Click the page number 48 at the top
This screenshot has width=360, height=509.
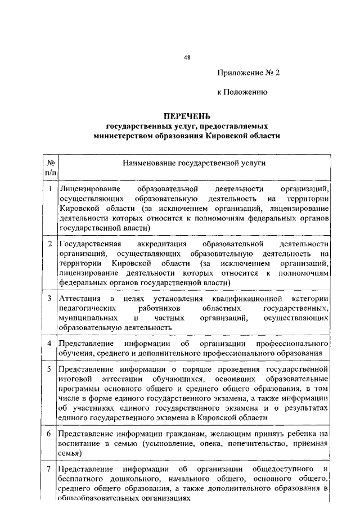coord(187,57)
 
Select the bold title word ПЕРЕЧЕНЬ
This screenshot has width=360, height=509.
coord(187,116)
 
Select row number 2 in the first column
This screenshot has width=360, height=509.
coord(50,244)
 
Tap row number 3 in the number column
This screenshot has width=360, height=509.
coord(50,297)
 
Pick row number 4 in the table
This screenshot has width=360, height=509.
coord(50,343)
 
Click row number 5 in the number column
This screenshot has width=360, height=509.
coord(50,369)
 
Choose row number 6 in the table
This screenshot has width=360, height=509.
coord(50,433)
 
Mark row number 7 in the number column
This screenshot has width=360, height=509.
coord(50,469)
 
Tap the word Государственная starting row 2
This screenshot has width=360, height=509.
coord(90,244)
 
